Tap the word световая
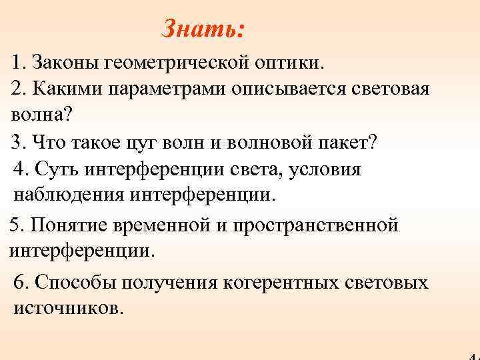(389, 89)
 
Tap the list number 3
(17, 142)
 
